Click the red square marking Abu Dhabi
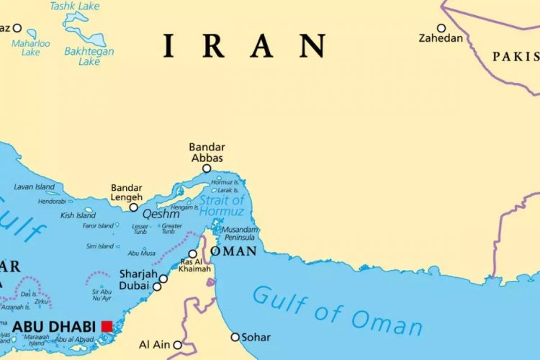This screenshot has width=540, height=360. pyautogui.click(x=107, y=326)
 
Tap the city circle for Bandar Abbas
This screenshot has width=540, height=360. pyautogui.click(x=207, y=168)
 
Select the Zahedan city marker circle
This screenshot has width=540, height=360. pyautogui.click(x=441, y=28)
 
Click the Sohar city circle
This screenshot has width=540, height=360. pyautogui.click(x=235, y=337)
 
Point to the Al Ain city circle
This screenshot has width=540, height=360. pyautogui.click(x=177, y=345)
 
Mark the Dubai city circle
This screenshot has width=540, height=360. pyautogui.click(x=157, y=287)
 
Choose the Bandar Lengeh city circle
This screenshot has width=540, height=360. pyautogui.click(x=133, y=207)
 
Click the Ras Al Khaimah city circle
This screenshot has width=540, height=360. pyautogui.click(x=192, y=253)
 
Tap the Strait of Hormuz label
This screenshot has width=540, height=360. pyautogui.click(x=221, y=205)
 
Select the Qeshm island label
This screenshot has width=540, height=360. pyautogui.click(x=161, y=215)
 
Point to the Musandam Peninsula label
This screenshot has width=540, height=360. pyautogui.click(x=240, y=233)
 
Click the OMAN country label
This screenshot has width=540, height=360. pyautogui.click(x=233, y=251)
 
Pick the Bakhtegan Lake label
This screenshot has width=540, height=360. pyautogui.click(x=89, y=56)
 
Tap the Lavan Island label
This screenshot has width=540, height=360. pyautogui.click(x=34, y=187)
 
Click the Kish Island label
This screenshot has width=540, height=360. pyautogui.click(x=78, y=215)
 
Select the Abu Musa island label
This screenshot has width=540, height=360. pyautogui.click(x=141, y=253)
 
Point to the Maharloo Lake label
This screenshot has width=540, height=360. pyautogui.click(x=30, y=48)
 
